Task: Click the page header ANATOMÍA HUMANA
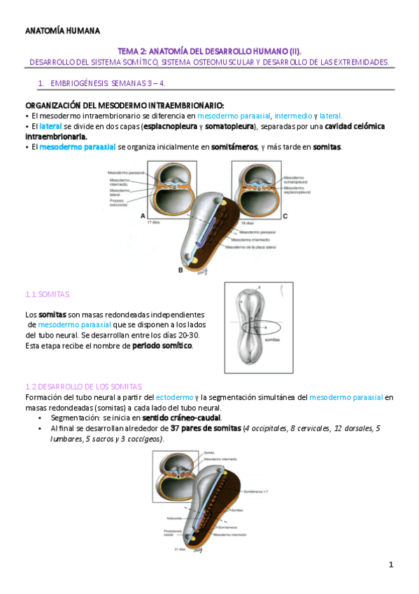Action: pyautogui.click(x=62, y=31)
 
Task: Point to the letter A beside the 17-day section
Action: pyautogui.click(x=143, y=216)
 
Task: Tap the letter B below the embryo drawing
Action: pyautogui.click(x=180, y=269)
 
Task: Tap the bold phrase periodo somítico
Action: pyautogui.click(x=162, y=346)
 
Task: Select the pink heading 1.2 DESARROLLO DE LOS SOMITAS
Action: pyautogui.click(x=83, y=387)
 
